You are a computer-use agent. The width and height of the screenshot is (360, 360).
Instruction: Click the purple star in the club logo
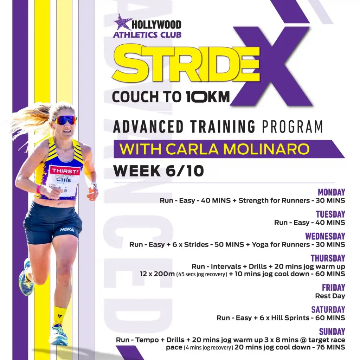click(x=121, y=22)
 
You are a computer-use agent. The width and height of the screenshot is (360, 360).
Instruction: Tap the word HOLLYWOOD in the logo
click(x=156, y=25)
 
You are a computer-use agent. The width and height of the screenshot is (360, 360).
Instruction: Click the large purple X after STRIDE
click(x=272, y=66)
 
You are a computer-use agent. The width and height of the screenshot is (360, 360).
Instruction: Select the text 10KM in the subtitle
click(x=208, y=97)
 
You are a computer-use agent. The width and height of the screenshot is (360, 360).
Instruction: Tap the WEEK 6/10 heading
click(x=159, y=171)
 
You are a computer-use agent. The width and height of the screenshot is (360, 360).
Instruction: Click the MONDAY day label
click(x=331, y=192)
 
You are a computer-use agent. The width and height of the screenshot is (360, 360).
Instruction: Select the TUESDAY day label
click(x=330, y=214)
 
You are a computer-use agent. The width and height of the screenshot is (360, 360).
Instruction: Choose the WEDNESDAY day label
click(x=325, y=236)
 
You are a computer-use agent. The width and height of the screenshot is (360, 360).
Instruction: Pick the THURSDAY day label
click(x=328, y=258)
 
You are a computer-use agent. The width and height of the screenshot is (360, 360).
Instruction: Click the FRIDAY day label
click(x=333, y=288)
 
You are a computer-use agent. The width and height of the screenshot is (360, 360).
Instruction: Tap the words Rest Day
click(x=330, y=296)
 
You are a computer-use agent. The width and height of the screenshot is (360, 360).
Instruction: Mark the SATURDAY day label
click(x=328, y=309)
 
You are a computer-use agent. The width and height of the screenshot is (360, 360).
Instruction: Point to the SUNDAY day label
click(x=332, y=332)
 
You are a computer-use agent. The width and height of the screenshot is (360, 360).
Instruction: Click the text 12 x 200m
click(x=157, y=274)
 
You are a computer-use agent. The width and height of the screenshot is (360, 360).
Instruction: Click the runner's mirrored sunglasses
click(x=65, y=120)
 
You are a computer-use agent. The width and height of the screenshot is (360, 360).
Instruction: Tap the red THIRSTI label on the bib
click(x=65, y=171)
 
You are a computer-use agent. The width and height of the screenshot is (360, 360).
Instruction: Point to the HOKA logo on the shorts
click(x=67, y=230)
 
